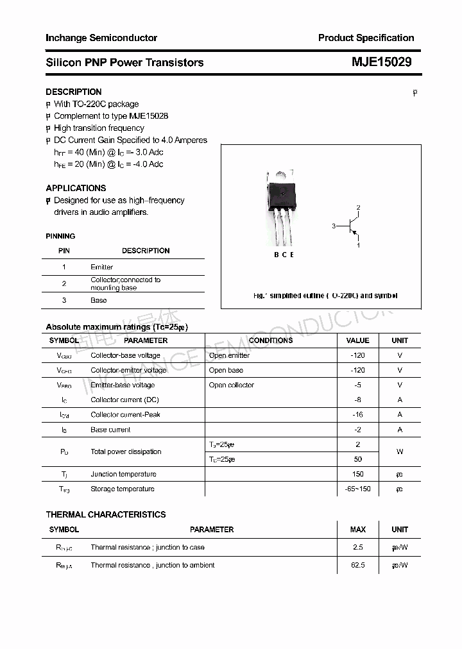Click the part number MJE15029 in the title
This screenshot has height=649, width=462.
point(381,62)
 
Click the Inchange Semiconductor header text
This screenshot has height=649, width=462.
point(101,38)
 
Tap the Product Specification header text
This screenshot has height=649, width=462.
point(366,38)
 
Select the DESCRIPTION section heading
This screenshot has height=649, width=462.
point(73,92)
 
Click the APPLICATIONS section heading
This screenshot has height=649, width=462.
point(76,188)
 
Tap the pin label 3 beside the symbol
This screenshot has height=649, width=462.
point(334,226)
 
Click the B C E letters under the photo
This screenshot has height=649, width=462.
point(284,255)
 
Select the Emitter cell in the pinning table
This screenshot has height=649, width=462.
point(101,267)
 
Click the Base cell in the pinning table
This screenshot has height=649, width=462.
point(98,300)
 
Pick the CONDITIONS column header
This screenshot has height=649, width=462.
point(270,341)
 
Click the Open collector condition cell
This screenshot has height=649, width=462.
point(231,385)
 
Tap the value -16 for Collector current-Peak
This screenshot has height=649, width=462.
point(357,415)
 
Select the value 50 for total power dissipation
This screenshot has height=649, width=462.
point(357,459)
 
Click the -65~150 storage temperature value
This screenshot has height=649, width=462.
point(357,489)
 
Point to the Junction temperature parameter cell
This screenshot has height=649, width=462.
point(123,474)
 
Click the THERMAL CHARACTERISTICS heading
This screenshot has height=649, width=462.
point(105,514)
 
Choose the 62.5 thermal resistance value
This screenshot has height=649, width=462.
point(357,565)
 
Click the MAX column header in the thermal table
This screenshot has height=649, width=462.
point(357,530)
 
